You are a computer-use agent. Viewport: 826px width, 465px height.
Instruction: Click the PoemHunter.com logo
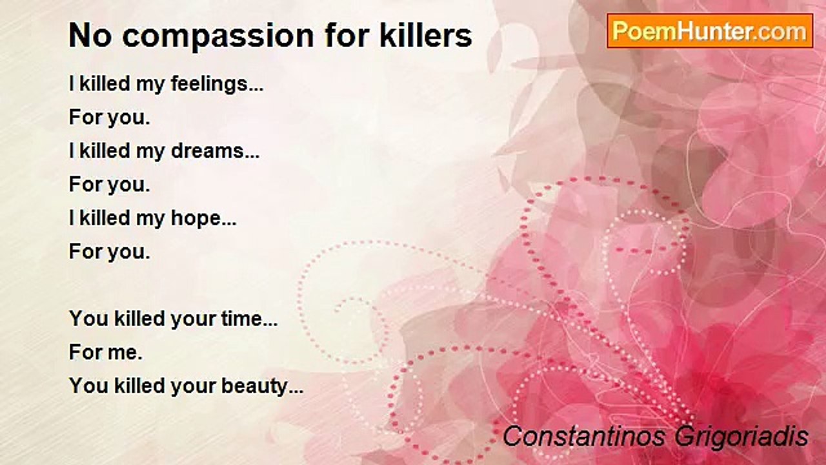coord(710,31)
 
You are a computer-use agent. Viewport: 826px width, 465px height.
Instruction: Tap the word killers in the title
coord(426,36)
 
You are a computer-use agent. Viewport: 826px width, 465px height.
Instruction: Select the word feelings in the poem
coord(217,85)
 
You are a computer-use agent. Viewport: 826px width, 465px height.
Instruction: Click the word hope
coord(203,219)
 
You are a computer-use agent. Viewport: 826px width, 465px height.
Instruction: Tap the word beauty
coord(262,386)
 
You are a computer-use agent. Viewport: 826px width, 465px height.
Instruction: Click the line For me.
coord(105,352)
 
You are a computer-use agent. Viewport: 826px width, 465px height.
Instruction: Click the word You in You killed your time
coord(88,318)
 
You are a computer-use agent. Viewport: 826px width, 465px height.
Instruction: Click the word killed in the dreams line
coord(105,151)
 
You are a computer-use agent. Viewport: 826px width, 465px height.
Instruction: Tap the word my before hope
coord(150,220)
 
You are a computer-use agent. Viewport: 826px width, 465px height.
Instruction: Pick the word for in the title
coord(347,36)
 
